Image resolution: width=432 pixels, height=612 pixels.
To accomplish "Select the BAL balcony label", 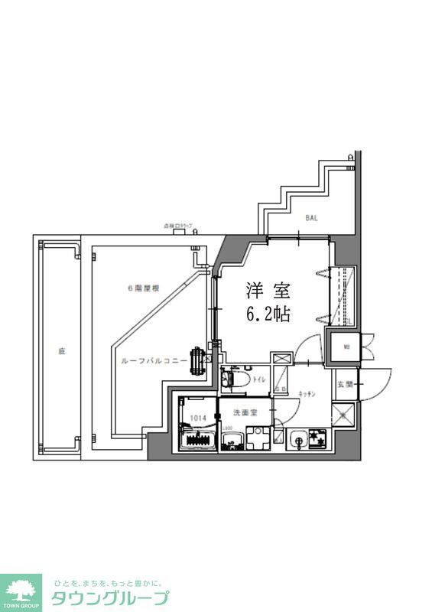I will (x=311, y=217).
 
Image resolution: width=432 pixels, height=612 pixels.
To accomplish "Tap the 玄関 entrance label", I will (x=344, y=385).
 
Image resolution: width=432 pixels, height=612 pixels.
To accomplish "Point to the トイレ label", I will (x=259, y=379).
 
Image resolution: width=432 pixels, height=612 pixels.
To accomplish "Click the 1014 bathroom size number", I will (x=198, y=418).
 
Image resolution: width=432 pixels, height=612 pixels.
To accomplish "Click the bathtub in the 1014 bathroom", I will (x=197, y=441).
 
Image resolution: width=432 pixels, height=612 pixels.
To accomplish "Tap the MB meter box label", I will (x=346, y=347).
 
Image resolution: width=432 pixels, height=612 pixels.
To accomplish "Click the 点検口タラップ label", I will (x=178, y=227).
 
